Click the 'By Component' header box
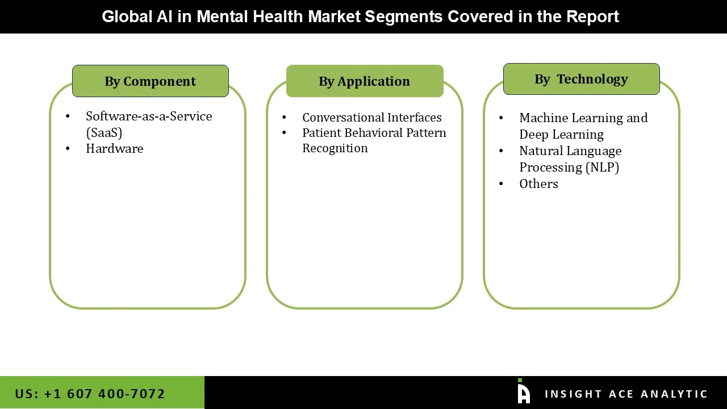[x=151, y=81]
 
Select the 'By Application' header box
[x=365, y=81]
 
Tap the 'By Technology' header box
[x=581, y=79]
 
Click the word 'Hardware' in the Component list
[x=115, y=149]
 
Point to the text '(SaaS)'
[x=104, y=132]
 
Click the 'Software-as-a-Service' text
[x=149, y=116]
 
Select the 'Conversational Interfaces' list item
[x=371, y=118]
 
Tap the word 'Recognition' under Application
[x=335, y=148]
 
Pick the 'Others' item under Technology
[x=538, y=184]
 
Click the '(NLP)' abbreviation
[x=601, y=168]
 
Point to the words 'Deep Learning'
[x=561, y=135]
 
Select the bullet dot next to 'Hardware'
[x=68, y=149]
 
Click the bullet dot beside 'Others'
[x=501, y=184]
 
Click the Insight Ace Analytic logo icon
[x=524, y=392]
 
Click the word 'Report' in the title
[x=592, y=16]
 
